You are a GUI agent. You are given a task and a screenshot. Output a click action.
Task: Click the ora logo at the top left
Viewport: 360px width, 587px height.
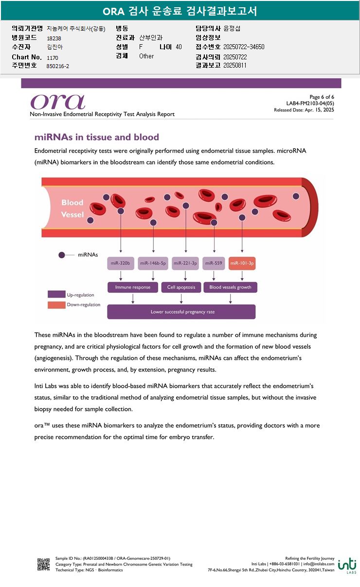[x=57, y=101]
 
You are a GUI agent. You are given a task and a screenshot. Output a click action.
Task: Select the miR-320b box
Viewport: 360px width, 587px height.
[x=120, y=263]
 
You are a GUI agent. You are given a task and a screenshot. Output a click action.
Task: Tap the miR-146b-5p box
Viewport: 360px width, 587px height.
[x=153, y=263]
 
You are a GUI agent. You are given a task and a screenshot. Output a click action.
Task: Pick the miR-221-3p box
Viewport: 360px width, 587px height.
[x=185, y=263]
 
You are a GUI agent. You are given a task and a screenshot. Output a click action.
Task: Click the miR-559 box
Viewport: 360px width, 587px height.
[x=214, y=263]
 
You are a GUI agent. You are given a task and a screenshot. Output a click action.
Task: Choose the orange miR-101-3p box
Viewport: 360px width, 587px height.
[x=242, y=263]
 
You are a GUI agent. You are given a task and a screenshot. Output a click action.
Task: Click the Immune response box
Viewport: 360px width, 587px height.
[x=133, y=287]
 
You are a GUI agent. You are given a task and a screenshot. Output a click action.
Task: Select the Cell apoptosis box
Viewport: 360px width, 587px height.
[x=181, y=287]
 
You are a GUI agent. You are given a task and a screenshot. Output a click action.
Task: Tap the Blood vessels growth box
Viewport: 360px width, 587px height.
[x=230, y=287]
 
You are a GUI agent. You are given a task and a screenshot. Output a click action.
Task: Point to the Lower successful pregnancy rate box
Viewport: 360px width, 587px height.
[x=181, y=312]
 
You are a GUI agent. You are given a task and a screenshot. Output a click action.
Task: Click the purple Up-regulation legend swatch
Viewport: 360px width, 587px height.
[x=56, y=294]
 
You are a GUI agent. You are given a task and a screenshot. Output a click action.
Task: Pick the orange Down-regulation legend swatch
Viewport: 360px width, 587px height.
[x=56, y=305]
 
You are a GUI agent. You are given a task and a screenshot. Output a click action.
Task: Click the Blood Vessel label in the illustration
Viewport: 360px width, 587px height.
[x=72, y=208]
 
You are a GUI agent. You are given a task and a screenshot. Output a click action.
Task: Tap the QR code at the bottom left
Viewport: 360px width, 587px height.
[x=44, y=564]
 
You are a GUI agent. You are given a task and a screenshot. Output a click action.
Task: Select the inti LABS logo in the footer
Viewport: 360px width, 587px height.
[x=347, y=565]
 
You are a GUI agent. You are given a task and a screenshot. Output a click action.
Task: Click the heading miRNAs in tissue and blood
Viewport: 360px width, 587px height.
[x=97, y=137]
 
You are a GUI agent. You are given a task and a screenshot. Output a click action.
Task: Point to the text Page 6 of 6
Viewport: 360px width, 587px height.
[x=322, y=97]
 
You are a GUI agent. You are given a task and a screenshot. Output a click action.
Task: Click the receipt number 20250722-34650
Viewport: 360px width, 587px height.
[x=244, y=47]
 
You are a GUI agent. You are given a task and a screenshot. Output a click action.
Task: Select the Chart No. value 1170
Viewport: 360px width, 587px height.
[x=53, y=57]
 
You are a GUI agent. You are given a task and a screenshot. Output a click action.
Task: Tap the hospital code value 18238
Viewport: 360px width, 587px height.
[x=54, y=38]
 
